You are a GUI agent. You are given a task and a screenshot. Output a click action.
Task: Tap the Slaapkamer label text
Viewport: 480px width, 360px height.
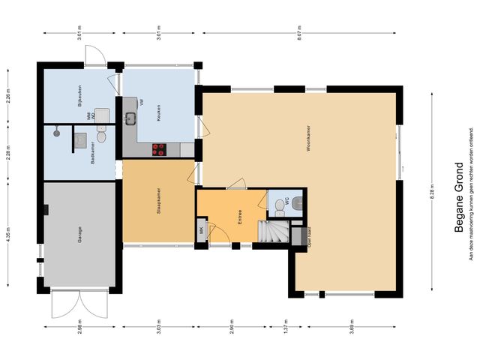157,201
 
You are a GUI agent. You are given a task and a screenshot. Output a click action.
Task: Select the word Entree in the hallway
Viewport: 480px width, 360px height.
239,216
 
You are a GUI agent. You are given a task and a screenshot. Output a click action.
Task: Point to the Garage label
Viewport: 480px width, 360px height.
79,234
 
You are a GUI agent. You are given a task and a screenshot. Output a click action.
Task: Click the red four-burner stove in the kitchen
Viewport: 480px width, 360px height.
159,149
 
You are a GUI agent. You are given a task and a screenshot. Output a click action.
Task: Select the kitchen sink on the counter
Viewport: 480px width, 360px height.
130,117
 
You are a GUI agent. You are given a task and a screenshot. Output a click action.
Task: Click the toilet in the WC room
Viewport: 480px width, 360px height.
298,200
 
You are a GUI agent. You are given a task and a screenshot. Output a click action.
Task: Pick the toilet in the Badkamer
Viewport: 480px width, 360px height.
103,136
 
